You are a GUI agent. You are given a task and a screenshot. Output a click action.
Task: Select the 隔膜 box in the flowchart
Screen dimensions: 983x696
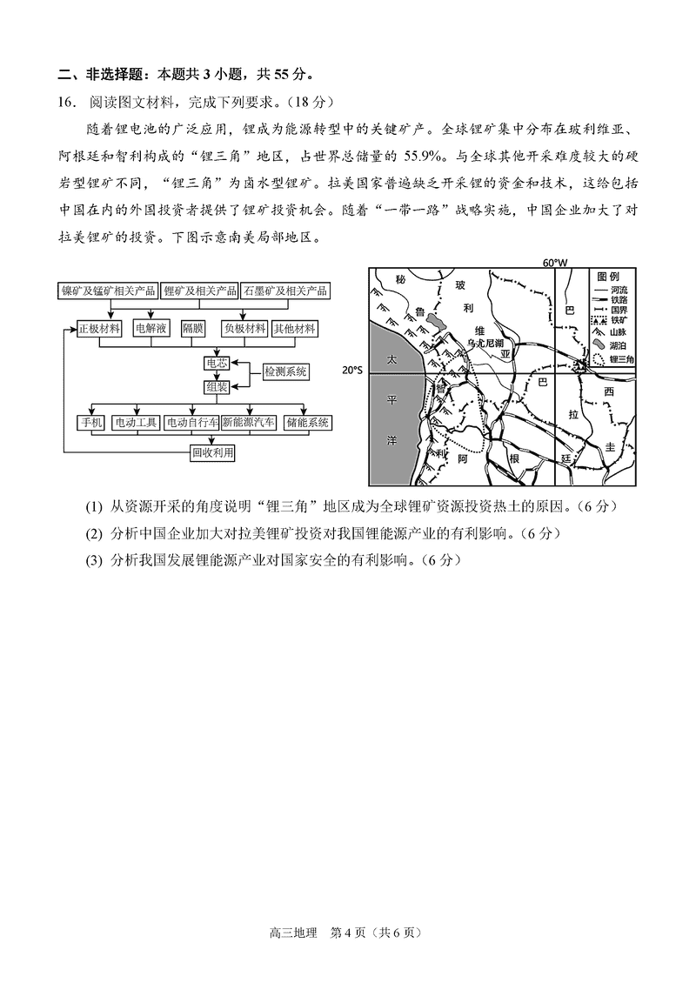(x=192, y=329)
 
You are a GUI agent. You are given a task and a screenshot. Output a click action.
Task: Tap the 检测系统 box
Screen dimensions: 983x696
(x=286, y=371)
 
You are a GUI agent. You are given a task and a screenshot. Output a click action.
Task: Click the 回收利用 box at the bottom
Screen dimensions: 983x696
(x=213, y=452)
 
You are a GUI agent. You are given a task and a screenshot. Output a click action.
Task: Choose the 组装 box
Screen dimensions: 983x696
(x=216, y=386)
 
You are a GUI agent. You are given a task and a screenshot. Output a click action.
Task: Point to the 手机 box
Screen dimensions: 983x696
(x=91, y=423)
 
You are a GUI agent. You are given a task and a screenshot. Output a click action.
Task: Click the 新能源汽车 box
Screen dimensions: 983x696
(x=248, y=423)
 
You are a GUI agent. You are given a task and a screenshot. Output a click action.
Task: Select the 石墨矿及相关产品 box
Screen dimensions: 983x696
(x=285, y=291)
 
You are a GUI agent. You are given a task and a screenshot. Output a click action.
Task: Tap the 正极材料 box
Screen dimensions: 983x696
(x=98, y=329)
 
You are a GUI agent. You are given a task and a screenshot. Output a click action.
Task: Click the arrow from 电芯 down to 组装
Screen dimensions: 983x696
(x=216, y=374)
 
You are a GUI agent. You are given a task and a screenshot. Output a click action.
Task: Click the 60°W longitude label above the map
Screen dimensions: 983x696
(x=554, y=262)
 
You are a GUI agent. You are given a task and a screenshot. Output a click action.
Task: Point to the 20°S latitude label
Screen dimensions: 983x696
(x=351, y=370)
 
